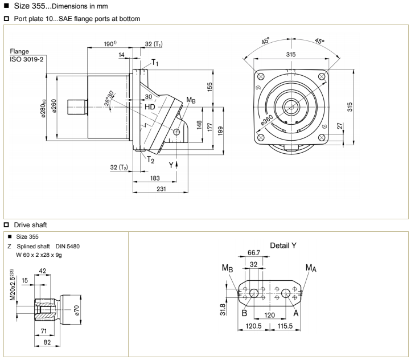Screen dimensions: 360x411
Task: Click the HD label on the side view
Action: click(x=150, y=107)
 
